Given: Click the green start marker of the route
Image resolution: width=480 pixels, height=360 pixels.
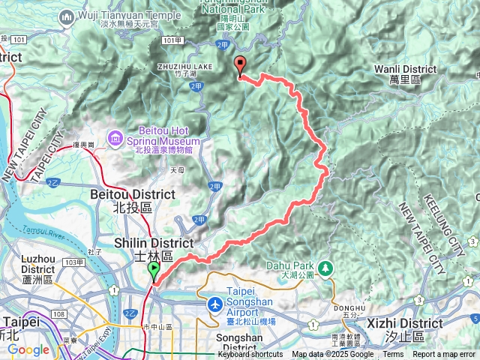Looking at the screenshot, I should (x=154, y=270).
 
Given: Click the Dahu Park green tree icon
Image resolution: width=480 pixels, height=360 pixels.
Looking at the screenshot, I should (x=326, y=268).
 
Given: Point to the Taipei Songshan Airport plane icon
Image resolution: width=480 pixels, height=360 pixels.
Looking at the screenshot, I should (x=215, y=305).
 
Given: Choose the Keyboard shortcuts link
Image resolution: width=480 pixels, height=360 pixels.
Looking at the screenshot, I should (x=250, y=355).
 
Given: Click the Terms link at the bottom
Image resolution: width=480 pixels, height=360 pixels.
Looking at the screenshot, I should (x=393, y=355).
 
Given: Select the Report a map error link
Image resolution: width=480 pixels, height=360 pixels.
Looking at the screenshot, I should (x=444, y=355).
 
